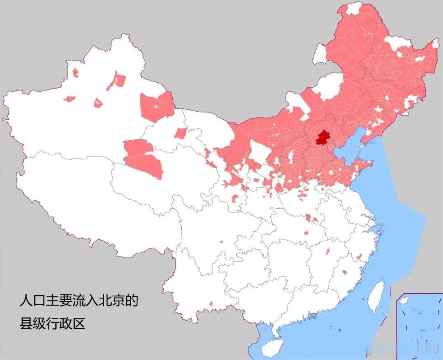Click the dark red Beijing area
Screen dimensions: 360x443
323,138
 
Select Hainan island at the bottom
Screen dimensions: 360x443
272,348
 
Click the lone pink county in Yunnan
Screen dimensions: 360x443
211,304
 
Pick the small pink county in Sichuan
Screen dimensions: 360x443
221,242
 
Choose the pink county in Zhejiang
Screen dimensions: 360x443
359,257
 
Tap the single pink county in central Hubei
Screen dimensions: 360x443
306,233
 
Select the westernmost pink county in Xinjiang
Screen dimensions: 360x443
69,99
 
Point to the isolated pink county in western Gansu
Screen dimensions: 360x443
180,133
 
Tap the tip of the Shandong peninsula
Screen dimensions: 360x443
371,164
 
